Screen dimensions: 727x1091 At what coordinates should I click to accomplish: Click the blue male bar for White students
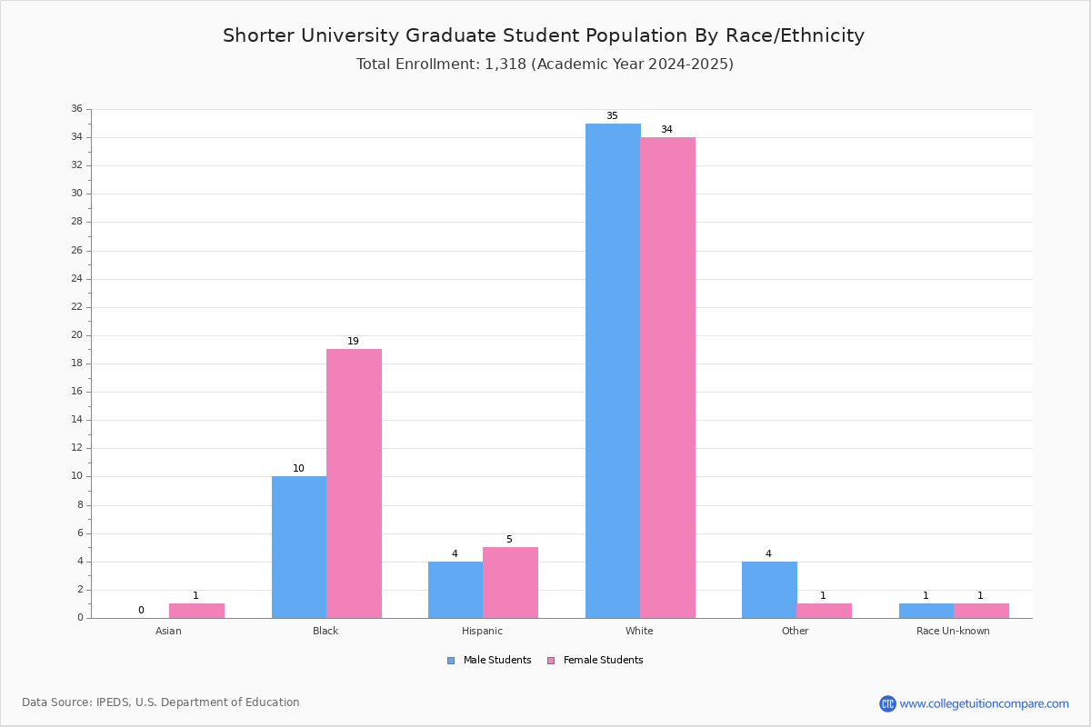coord(613,371)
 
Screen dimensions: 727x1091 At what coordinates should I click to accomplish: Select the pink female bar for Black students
coord(354,483)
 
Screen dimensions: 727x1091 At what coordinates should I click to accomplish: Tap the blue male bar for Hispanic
coord(455,590)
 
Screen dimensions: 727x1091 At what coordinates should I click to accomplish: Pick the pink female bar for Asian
coord(196,611)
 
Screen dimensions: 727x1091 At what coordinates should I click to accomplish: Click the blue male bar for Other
coord(769,590)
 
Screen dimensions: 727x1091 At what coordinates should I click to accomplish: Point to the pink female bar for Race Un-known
coord(981,611)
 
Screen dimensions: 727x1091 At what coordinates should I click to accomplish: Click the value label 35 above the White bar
coord(612,116)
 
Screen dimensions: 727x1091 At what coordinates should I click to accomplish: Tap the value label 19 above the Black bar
coord(353,342)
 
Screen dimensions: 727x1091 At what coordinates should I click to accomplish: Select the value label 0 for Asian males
coord(141,611)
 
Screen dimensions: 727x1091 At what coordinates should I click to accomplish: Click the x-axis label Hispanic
coord(482,631)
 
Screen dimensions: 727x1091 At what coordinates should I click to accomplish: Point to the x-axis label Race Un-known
coord(953,631)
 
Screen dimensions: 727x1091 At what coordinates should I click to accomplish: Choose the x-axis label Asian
coord(168,631)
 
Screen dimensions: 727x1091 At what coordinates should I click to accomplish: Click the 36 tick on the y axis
coord(76,109)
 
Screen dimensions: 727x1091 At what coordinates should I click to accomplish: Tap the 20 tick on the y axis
coord(76,335)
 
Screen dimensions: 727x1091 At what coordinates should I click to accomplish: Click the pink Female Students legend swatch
coord(550,661)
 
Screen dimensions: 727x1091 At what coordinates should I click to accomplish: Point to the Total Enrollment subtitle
coord(545,65)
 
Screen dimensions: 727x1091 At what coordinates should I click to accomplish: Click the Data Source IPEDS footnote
coord(161,702)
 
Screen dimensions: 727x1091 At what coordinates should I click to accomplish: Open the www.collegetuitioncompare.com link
coord(984,703)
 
